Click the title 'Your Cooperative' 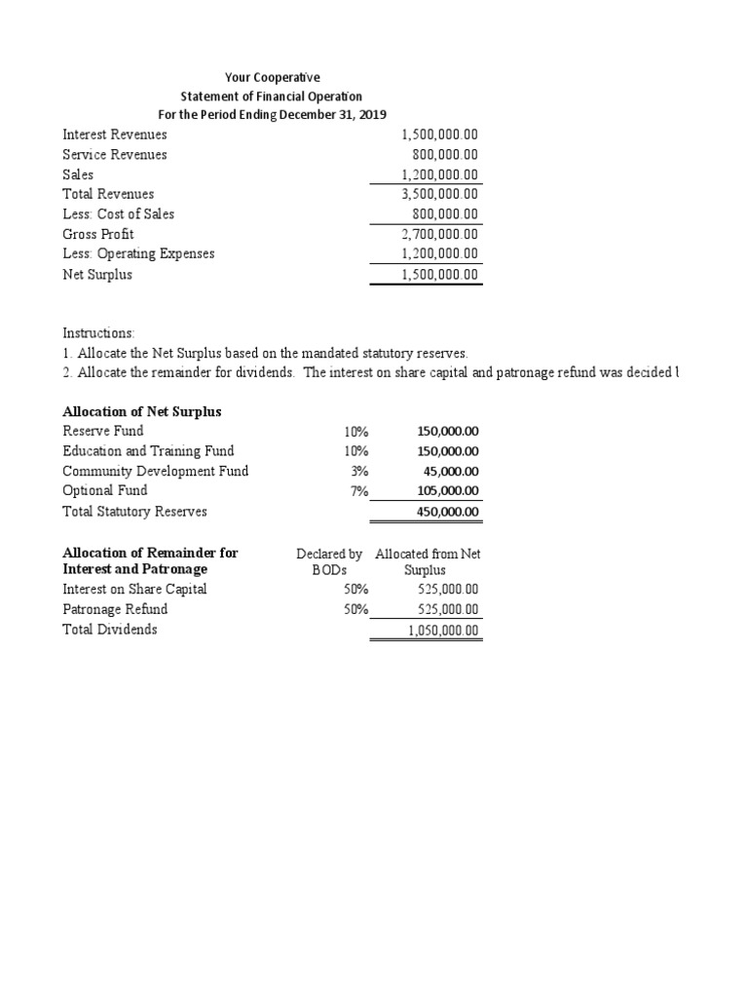click(x=271, y=76)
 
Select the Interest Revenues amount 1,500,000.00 click(x=440, y=134)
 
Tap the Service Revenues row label click(x=115, y=154)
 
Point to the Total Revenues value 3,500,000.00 click(x=440, y=194)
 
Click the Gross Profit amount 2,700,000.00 click(x=440, y=234)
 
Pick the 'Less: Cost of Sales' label click(x=119, y=213)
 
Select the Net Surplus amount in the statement click(x=440, y=275)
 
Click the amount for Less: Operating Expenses click(x=440, y=253)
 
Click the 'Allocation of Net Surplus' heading click(x=142, y=411)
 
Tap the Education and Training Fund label click(x=148, y=450)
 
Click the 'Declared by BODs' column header click(x=329, y=560)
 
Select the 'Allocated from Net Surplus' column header click(x=428, y=560)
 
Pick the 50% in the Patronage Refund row click(x=356, y=609)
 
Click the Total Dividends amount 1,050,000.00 click(x=443, y=631)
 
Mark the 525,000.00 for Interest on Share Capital click(x=447, y=589)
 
